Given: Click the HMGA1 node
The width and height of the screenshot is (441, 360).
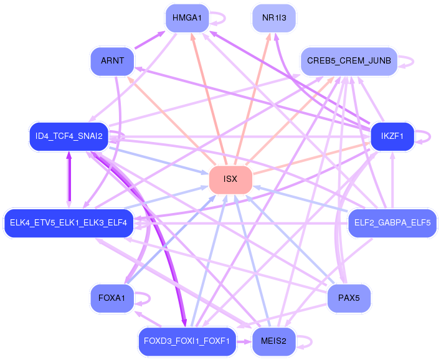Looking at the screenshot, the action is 187,18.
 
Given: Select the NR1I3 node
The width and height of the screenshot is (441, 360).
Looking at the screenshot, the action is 274,18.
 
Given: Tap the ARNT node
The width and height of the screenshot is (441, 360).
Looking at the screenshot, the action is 112,61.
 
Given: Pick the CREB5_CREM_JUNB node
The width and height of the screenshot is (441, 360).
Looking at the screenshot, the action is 349,61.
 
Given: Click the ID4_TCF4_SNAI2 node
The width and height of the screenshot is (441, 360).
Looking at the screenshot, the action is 69,136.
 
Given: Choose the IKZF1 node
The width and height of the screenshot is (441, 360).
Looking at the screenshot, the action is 392,136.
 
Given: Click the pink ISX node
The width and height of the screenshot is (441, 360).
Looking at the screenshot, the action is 230,179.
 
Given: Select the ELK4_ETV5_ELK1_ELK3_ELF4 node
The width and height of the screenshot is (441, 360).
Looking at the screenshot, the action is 69,223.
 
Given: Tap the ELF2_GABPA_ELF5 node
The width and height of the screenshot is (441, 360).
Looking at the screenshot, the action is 392,223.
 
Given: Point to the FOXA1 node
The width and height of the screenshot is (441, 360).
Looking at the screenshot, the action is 112,298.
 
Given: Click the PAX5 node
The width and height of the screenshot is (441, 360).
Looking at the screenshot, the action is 349,298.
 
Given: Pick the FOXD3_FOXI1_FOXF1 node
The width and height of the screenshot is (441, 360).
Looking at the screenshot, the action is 187,341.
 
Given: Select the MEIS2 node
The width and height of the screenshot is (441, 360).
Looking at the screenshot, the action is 274,341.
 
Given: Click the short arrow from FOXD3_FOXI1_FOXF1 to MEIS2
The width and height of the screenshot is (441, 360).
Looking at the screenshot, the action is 244,342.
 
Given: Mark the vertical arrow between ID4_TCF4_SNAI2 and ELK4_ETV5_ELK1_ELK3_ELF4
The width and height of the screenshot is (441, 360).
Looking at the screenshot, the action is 69,180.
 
